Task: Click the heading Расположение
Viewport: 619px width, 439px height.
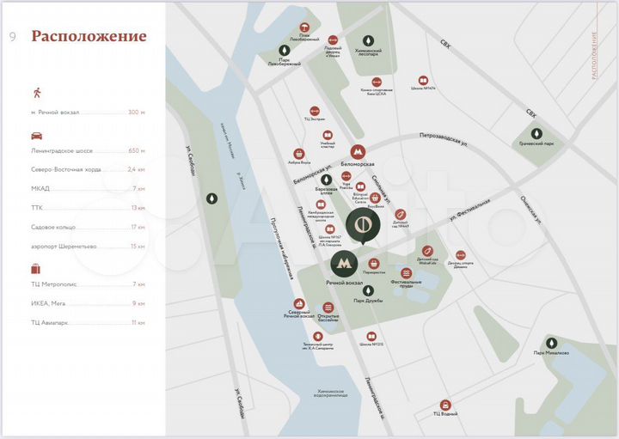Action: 89,37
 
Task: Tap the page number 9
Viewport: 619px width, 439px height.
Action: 12,37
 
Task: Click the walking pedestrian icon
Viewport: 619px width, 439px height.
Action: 36,91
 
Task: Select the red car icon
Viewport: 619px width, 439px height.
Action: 37,135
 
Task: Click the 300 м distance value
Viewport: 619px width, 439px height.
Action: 137,113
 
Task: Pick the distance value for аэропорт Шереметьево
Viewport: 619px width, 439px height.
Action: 137,246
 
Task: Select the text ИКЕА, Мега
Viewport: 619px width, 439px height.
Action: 48,302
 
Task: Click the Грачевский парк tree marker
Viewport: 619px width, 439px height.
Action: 536,133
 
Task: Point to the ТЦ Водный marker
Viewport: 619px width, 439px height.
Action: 445,405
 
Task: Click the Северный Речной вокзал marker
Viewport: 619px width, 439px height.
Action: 299,304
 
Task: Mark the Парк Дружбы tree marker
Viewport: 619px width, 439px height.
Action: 368,290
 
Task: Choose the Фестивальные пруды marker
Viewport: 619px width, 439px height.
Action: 406,273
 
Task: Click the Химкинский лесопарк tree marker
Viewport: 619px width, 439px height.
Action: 369,41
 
